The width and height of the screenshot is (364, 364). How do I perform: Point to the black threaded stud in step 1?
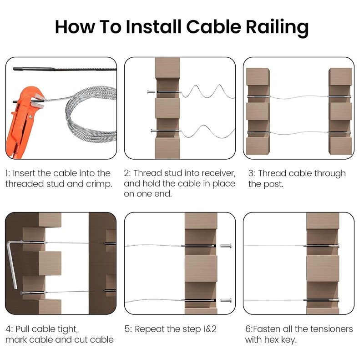pyautogui.click(x=27, y=70)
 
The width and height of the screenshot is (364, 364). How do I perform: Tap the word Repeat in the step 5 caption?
pyautogui.click(x=150, y=329)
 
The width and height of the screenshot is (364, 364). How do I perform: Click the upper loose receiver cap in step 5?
pyautogui.click(x=225, y=246)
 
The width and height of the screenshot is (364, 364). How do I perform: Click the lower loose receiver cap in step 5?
pyautogui.click(x=225, y=300)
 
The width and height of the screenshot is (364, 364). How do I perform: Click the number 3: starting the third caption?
pyautogui.click(x=251, y=173)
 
